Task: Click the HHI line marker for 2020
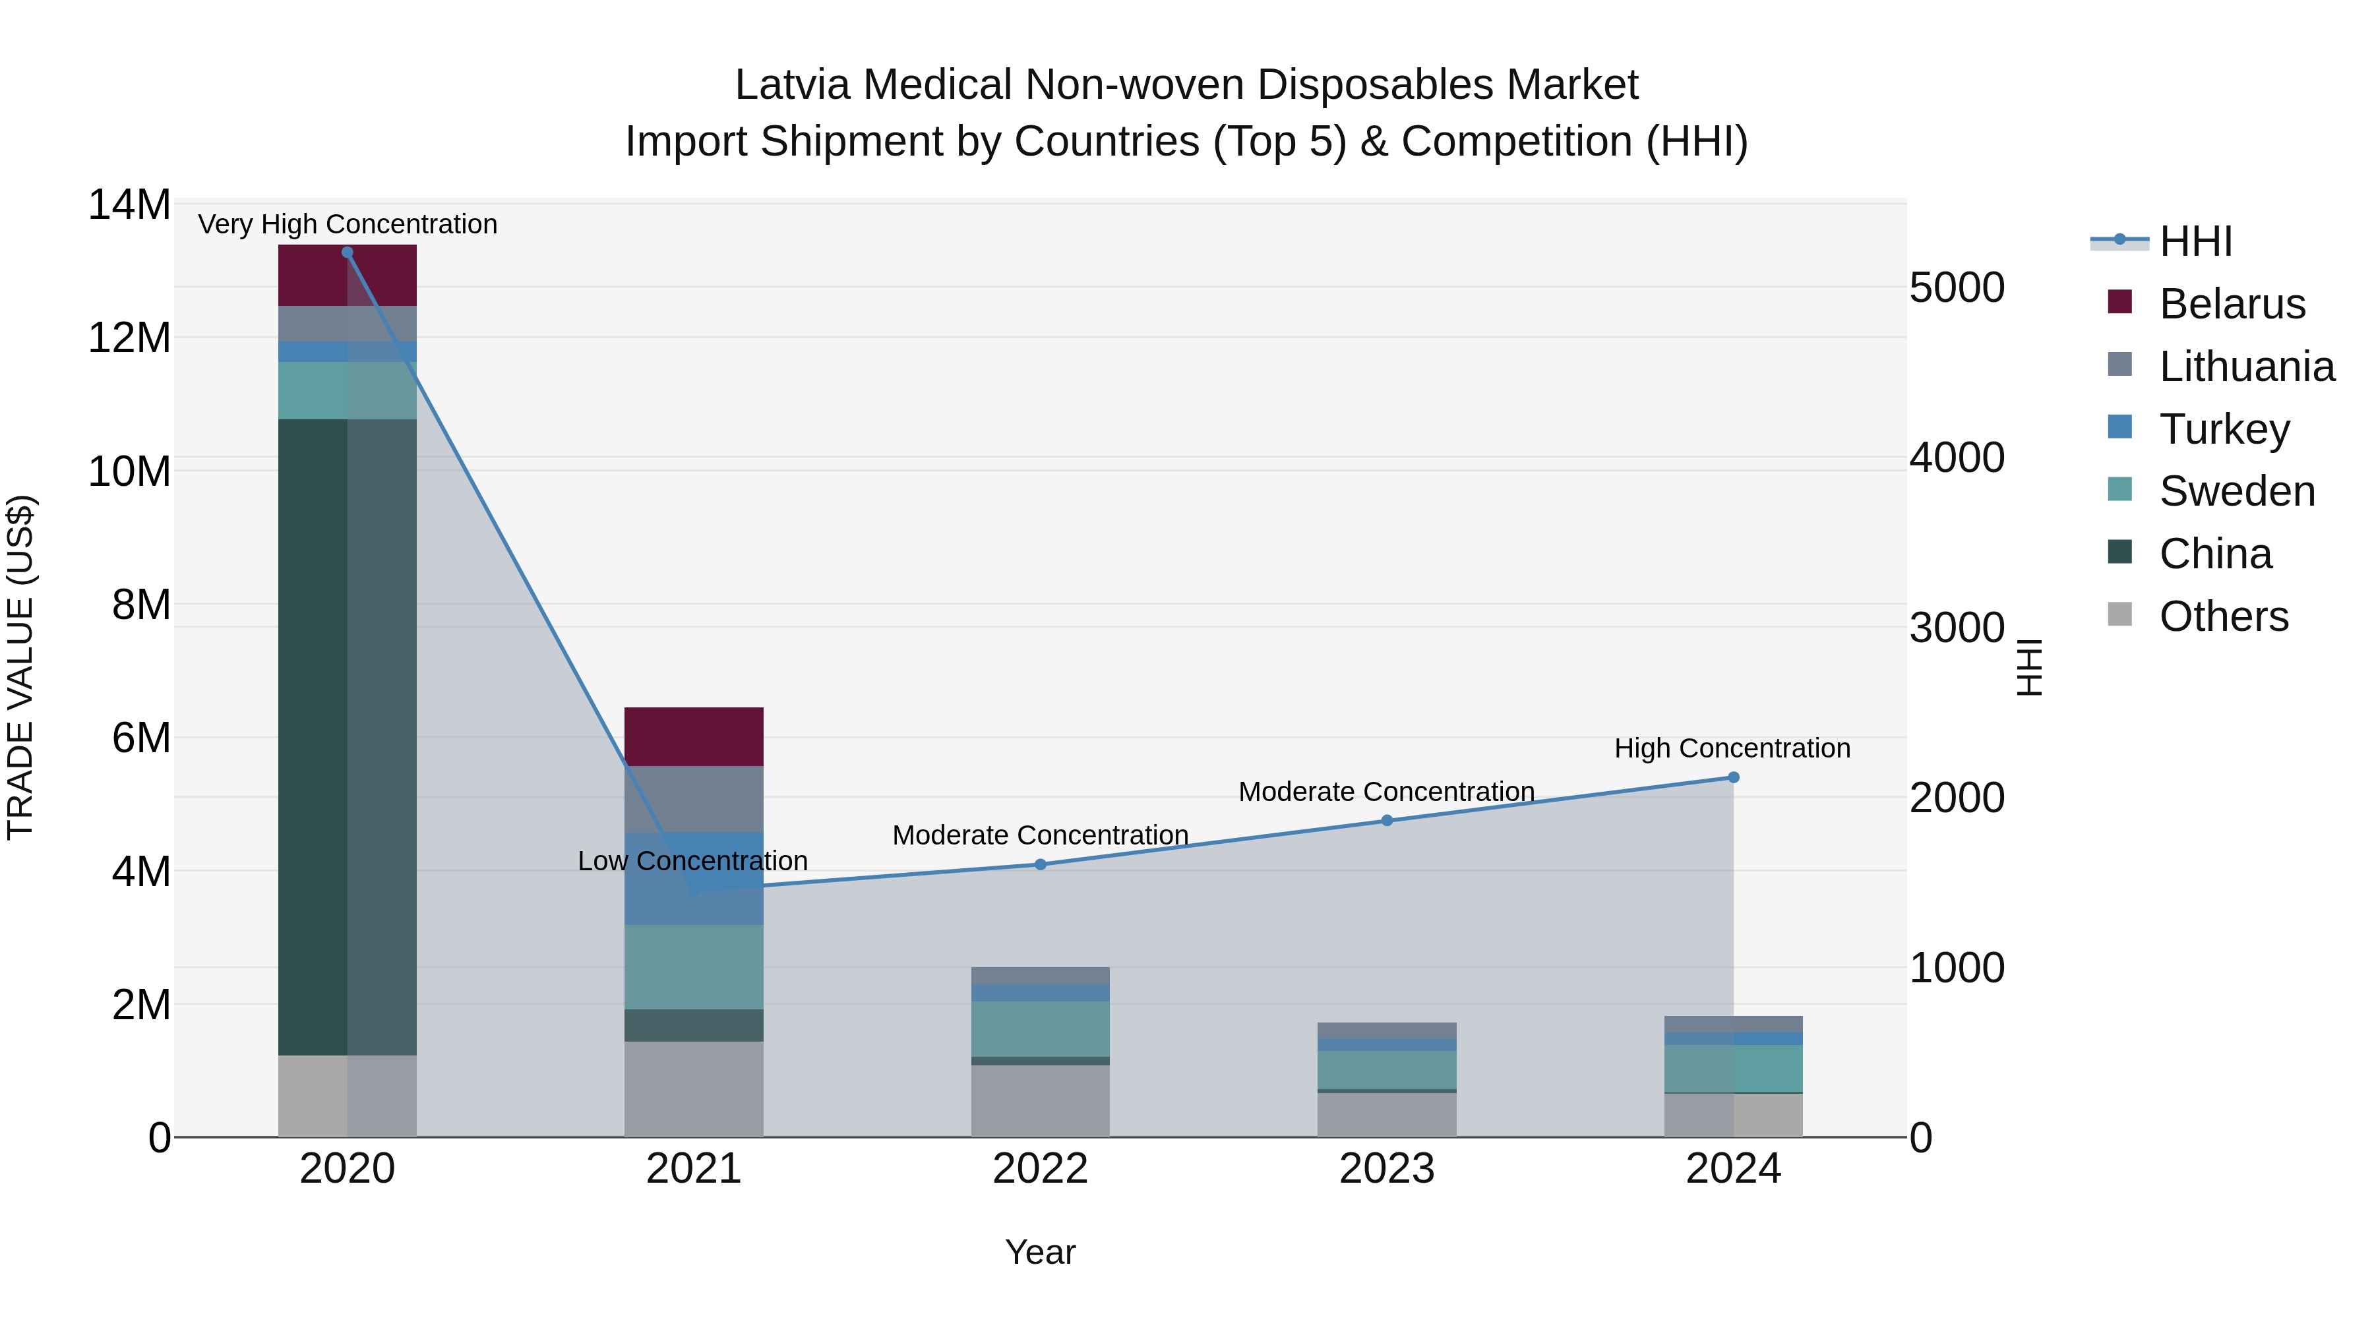[x=348, y=252]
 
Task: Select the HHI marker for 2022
[x=1041, y=864]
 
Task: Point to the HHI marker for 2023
[x=1387, y=820]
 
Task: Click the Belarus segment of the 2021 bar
[x=694, y=736]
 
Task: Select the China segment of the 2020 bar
[x=348, y=737]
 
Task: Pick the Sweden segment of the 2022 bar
[x=1041, y=1028]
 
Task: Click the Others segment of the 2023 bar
[x=1387, y=1115]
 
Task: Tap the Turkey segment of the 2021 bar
[x=694, y=878]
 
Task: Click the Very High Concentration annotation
[x=348, y=224]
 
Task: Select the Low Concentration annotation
[x=693, y=860]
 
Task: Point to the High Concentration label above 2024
[x=1732, y=748]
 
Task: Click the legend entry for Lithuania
[x=2246, y=367]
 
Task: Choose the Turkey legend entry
[x=2224, y=429]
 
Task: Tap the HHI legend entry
[x=2195, y=241]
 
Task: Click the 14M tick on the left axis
[x=129, y=204]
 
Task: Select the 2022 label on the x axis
[x=1041, y=1169]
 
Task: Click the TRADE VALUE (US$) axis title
[x=20, y=667]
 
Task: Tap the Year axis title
[x=1041, y=1252]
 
